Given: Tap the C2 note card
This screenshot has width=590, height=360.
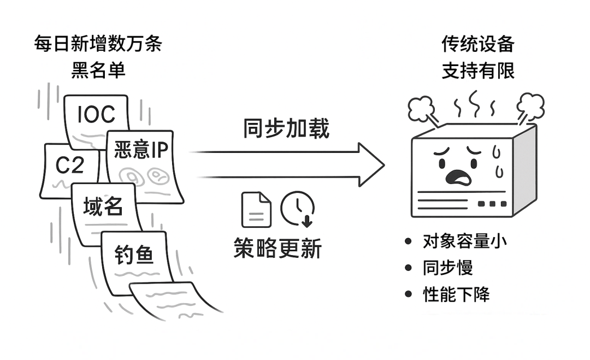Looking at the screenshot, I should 68,166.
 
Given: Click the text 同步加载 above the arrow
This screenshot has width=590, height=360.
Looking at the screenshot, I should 286,129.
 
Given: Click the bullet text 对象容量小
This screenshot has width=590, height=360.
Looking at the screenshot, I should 464,241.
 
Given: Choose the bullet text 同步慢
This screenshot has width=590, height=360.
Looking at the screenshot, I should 447,268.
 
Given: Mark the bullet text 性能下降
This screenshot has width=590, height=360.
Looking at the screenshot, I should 456,294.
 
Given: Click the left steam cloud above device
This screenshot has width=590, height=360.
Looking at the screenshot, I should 421,107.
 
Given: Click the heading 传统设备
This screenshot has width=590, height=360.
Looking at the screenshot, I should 478,45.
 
